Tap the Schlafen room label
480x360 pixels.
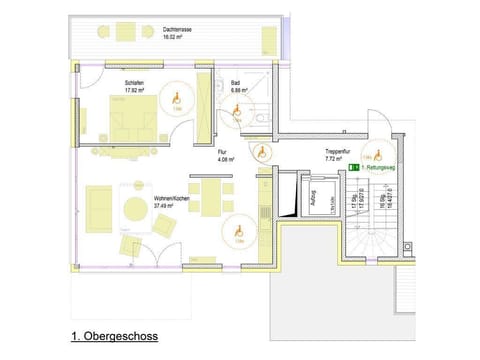point(135,85)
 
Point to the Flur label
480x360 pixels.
point(226,155)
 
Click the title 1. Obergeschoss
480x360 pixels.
point(114,338)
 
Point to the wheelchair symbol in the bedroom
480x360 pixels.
point(176,98)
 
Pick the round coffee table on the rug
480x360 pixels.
point(135,208)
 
